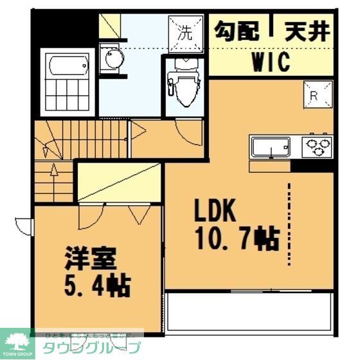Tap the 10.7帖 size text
point(237,239)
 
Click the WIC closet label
point(270,62)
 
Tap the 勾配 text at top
point(238,30)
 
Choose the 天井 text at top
point(307,30)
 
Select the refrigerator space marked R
point(318,95)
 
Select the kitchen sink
point(272,147)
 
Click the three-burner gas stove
point(318,146)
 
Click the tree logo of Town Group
point(17,340)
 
